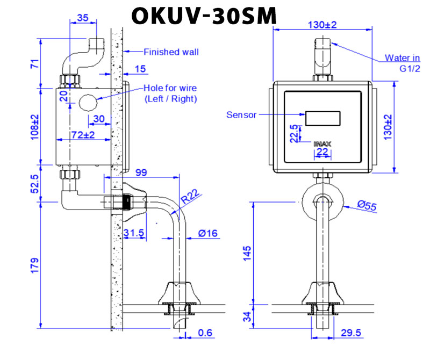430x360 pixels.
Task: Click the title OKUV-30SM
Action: pyautogui.click(x=204, y=16)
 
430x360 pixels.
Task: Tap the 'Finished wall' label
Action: pyautogui.click(x=171, y=52)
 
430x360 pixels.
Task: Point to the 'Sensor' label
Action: pyautogui.click(x=242, y=114)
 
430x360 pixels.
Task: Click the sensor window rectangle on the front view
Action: pyautogui.click(x=322, y=118)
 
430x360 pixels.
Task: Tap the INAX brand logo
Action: pyautogui.click(x=322, y=143)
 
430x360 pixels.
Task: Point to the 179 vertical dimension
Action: pyautogui.click(x=33, y=265)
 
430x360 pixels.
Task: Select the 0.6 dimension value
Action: pyautogui.click(x=205, y=334)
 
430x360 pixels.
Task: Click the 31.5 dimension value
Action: pyautogui.click(x=134, y=233)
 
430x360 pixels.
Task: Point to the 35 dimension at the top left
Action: pyautogui.click(x=83, y=17)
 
